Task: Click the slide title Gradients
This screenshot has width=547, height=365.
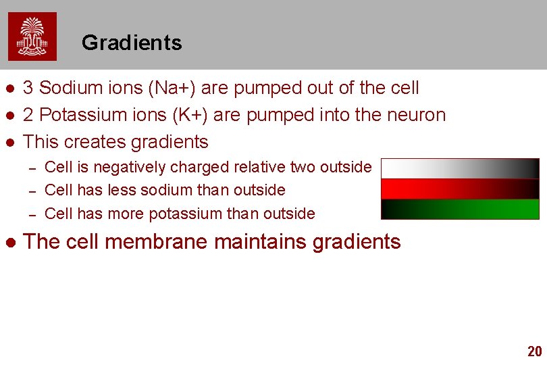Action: (x=132, y=43)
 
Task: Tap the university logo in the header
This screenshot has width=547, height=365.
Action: (x=32, y=36)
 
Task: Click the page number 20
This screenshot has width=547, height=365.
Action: (x=534, y=351)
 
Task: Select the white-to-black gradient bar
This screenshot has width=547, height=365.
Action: (x=460, y=168)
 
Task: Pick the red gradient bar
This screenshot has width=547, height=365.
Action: (x=460, y=189)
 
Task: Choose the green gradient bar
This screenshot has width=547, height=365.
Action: (x=460, y=209)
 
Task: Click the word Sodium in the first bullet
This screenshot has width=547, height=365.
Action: (x=68, y=88)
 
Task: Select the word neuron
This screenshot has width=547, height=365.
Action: (x=415, y=115)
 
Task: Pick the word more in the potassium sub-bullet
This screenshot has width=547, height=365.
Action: (x=126, y=214)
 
